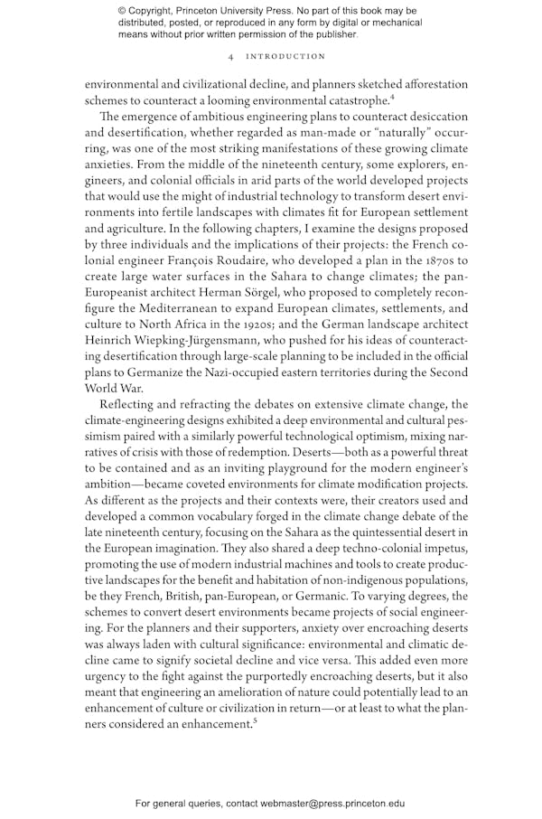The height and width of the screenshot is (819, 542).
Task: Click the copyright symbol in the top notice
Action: [123, 11]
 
